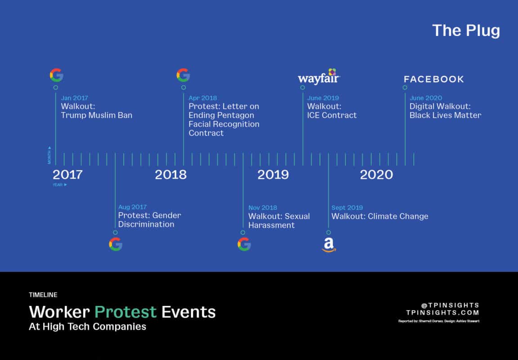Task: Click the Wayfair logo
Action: point(319,76)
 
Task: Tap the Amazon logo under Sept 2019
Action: point(329,245)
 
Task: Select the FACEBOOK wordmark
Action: point(434,79)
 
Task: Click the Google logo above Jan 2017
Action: point(57,75)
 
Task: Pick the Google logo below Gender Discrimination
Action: point(116,244)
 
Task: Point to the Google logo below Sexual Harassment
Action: point(244,244)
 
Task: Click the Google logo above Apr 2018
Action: point(183,75)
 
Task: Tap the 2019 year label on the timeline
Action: point(273,175)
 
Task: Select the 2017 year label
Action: point(67,175)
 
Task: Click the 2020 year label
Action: point(376,175)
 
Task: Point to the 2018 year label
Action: point(170,175)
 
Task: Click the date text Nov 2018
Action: point(263,207)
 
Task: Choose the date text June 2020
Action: point(426,98)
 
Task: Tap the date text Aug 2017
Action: point(133,207)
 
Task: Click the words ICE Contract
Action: point(332,115)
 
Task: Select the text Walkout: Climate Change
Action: point(380,216)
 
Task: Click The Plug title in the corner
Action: point(466,31)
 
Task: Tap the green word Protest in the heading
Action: point(125,312)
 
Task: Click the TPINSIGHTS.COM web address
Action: point(442,313)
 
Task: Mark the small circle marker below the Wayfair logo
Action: point(303,88)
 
